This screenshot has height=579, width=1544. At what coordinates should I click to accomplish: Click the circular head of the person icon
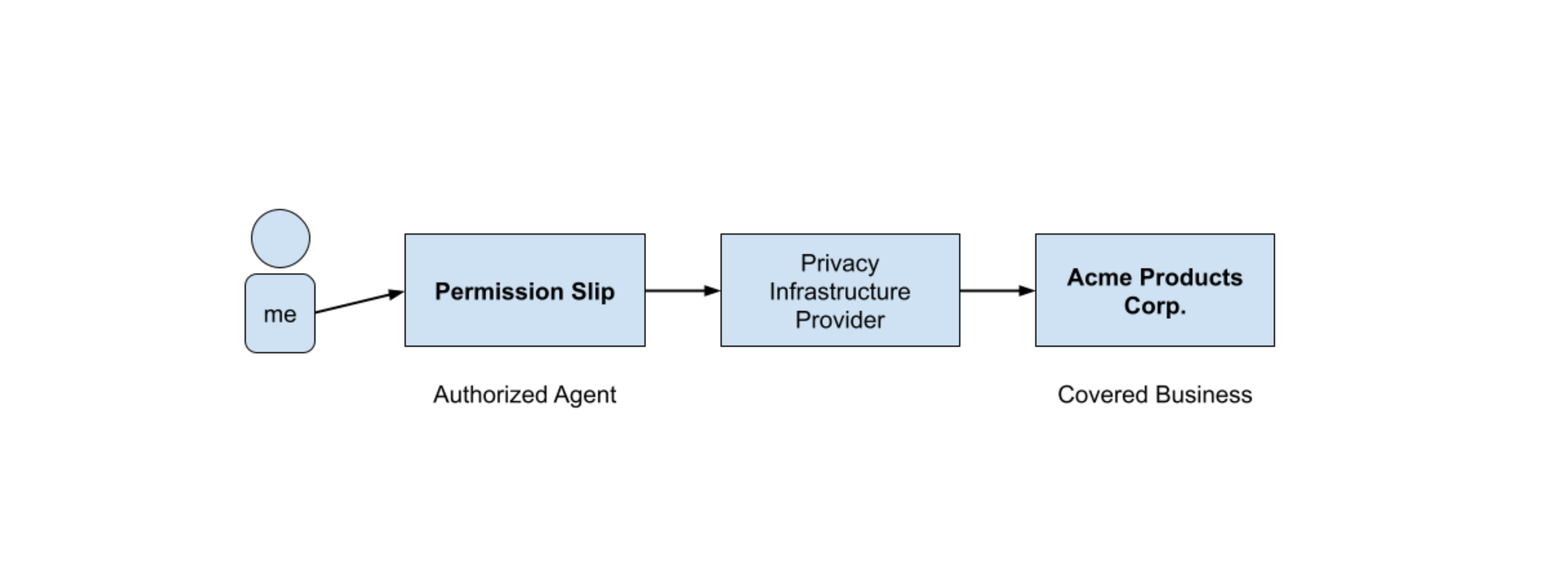tap(280, 238)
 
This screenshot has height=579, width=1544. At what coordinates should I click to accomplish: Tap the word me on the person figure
tap(280, 314)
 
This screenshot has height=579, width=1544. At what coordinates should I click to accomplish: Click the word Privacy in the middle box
tap(840, 263)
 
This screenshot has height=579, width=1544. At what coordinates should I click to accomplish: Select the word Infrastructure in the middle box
tap(840, 292)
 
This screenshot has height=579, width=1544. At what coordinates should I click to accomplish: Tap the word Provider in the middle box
tap(840, 320)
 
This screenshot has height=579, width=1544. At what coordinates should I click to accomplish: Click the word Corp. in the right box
tap(1155, 306)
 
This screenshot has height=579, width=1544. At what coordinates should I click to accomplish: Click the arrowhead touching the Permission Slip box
tap(396, 294)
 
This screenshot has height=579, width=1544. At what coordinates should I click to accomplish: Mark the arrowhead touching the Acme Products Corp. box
tap(1027, 290)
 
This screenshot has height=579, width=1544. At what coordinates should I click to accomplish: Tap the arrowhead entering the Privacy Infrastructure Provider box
tap(712, 290)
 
